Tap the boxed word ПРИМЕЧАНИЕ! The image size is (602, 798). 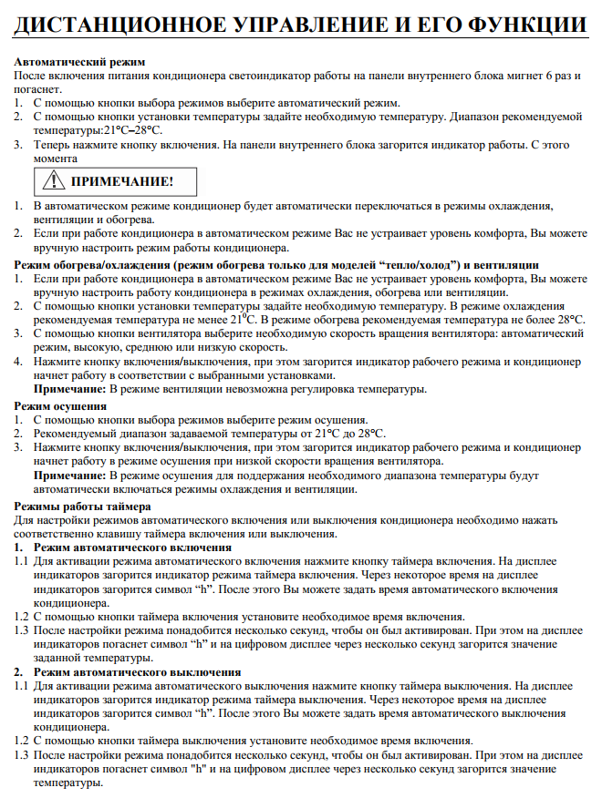122,181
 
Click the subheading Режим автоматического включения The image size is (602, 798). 131,547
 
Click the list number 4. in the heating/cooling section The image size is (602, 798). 18,362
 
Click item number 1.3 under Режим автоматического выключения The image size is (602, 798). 21,756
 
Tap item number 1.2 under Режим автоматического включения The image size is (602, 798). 21,617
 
